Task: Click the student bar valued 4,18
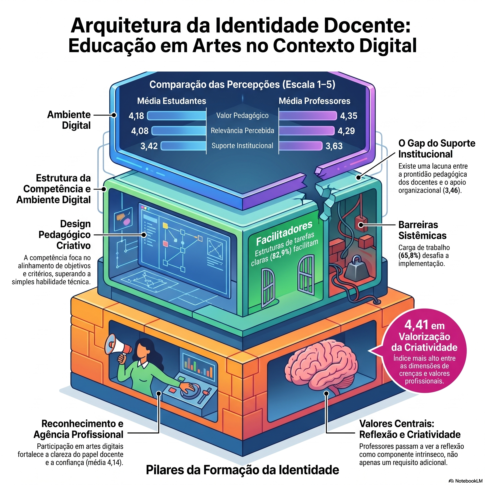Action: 176,116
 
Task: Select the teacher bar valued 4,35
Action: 308,116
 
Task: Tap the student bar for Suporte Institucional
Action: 183,146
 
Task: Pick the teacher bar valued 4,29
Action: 306,131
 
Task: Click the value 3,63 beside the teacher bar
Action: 334,146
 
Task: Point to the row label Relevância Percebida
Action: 242,130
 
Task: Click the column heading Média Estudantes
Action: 171,101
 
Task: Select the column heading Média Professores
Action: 314,101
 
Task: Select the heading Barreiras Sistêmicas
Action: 422,230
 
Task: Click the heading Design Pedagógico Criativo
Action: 64,234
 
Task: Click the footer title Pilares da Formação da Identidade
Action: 242,470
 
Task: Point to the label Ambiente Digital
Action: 69,120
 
